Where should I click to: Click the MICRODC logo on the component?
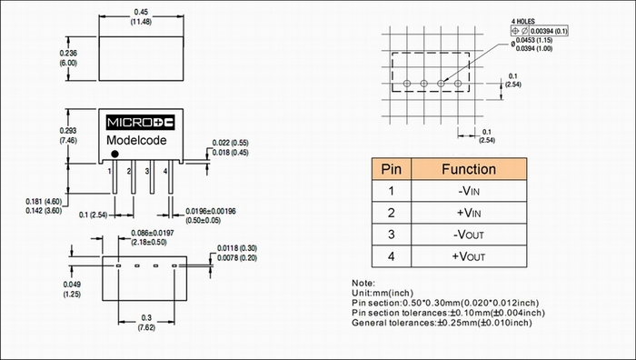click(140, 123)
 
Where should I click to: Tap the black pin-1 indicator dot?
click(114, 154)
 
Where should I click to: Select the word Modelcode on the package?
click(136, 140)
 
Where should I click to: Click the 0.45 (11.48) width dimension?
click(141, 17)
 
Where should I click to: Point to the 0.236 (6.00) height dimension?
click(68, 58)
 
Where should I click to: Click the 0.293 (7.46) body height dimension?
click(68, 135)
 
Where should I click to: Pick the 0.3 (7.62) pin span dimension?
click(146, 323)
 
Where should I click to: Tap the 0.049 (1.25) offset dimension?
click(72, 289)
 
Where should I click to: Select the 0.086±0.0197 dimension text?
click(152, 233)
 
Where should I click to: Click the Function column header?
click(469, 169)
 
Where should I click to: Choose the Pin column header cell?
click(392, 169)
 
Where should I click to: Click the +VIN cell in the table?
click(469, 213)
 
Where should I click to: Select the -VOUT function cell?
click(469, 235)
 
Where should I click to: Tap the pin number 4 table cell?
click(392, 256)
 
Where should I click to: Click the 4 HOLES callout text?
click(522, 21)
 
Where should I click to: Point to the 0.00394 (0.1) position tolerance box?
click(540, 31)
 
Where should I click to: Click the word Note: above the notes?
click(363, 283)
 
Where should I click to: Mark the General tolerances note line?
click(442, 323)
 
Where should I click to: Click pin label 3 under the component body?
click(147, 171)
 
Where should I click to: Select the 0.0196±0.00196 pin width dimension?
click(211, 211)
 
